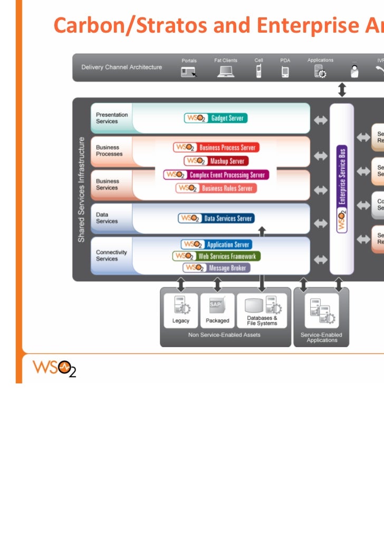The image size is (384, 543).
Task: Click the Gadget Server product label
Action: coord(216,118)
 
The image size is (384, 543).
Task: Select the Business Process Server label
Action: coord(217,147)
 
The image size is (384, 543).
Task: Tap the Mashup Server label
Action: coord(217,161)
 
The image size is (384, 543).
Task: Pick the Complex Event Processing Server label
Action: coord(216,174)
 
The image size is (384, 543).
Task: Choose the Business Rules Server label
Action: coord(216,188)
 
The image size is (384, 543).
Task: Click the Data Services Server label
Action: coord(216,218)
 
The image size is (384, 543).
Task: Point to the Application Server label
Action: coord(216,244)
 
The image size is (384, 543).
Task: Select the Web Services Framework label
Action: coord(216,256)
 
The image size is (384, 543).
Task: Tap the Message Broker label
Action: coord(216,268)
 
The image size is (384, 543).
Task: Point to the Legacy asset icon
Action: coord(180,305)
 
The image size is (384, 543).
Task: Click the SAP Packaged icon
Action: coord(217,305)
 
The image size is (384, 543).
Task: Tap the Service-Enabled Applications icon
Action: coord(321,310)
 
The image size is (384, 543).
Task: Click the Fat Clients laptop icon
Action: coord(226,71)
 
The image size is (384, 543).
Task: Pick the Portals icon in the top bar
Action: coord(189,72)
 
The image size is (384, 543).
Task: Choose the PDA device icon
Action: coord(285,72)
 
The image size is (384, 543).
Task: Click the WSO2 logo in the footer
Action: coord(55,367)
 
